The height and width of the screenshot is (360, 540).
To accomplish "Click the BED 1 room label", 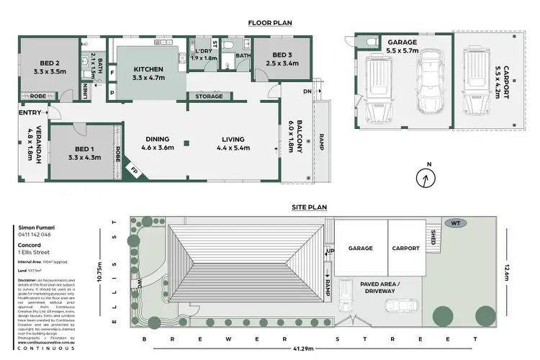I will (81, 152).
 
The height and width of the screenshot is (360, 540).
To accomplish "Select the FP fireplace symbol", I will (132, 171).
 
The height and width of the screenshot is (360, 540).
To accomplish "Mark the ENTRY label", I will (29, 112).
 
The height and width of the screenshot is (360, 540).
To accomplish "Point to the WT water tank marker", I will (456, 222).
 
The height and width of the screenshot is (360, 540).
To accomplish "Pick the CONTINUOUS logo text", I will (45, 348).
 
